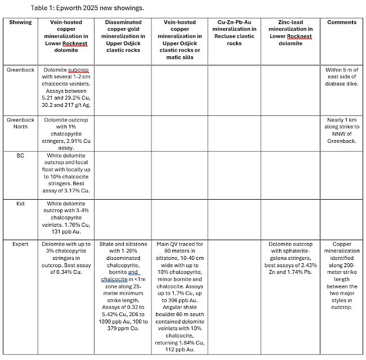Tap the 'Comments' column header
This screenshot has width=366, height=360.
point(341,22)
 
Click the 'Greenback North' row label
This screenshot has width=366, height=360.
point(20,123)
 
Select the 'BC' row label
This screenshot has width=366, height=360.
point(20,154)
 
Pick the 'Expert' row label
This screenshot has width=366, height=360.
point(20,244)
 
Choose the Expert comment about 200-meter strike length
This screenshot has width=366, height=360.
point(341,276)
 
